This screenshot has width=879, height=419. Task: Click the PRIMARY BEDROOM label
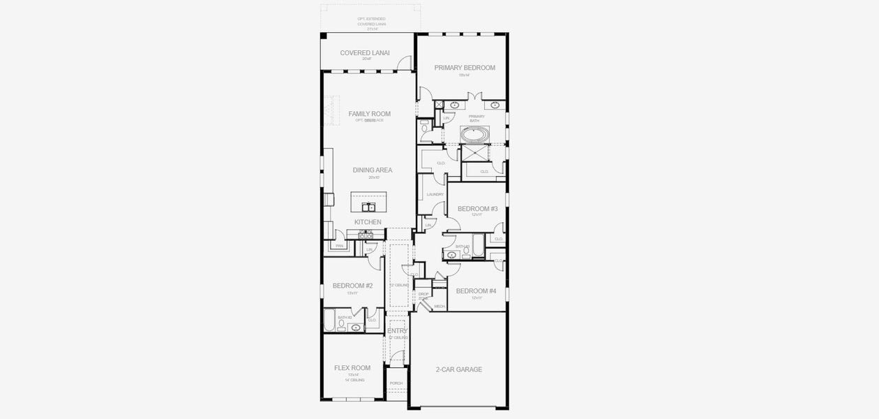(465, 68)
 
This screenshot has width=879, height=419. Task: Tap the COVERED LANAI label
(365, 53)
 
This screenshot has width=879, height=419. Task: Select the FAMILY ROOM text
(370, 113)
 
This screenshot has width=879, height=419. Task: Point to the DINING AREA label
(372, 170)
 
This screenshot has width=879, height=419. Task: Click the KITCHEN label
(368, 222)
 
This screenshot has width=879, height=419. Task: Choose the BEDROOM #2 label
(352, 286)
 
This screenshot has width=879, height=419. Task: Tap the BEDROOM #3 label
(477, 209)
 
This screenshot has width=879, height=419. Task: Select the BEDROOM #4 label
(476, 291)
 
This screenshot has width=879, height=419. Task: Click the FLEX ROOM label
(352, 368)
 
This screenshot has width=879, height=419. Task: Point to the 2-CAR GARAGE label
(459, 369)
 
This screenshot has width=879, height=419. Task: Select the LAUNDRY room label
(435, 194)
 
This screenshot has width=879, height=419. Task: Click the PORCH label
(396, 383)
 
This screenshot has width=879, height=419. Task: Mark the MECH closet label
(439, 306)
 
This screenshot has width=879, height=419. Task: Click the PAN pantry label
(340, 246)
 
